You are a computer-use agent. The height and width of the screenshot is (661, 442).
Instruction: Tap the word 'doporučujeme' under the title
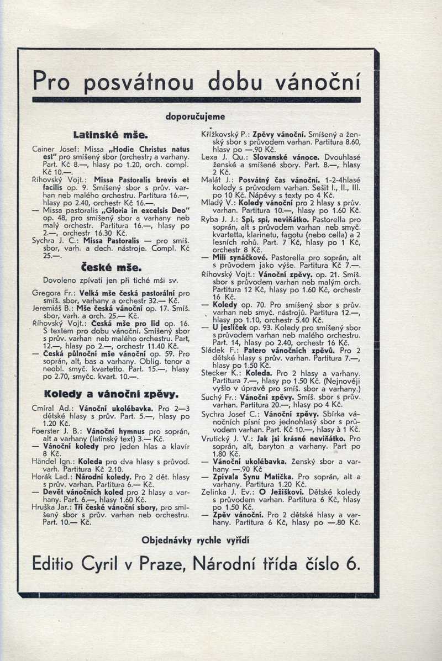pos(195,117)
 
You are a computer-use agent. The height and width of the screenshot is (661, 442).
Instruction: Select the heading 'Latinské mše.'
pos(109,134)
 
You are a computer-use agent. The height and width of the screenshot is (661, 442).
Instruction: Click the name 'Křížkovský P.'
pos(224,134)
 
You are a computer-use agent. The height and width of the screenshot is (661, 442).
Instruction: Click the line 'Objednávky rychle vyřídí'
pos(196,540)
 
